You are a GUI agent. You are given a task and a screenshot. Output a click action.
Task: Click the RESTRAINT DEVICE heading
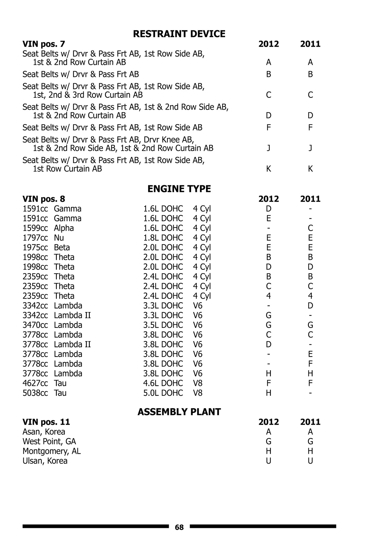tap(179, 34)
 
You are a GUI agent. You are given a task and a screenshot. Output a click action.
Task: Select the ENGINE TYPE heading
tap(179, 189)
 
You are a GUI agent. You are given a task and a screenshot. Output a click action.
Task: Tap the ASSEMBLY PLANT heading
tap(179, 412)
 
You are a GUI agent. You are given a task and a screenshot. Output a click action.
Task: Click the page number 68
tap(179, 527)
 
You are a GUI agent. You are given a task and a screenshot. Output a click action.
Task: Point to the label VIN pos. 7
tap(44, 44)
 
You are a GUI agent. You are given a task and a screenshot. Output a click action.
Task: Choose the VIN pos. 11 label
tap(46, 422)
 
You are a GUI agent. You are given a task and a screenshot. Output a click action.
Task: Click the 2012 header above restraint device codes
tap(268, 44)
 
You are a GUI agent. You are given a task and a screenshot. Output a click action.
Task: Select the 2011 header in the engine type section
tap(310, 199)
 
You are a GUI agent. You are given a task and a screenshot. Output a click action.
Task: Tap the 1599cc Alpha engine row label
tap(48, 228)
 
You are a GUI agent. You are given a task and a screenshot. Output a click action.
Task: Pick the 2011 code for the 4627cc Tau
tap(310, 383)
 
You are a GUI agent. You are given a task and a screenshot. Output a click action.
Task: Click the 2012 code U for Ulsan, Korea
tap(268, 461)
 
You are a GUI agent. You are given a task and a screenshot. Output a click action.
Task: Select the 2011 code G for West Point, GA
tap(310, 441)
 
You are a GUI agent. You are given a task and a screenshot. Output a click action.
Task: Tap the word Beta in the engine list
tap(62, 247)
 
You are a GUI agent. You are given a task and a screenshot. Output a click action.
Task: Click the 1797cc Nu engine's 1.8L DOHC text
tap(163, 238)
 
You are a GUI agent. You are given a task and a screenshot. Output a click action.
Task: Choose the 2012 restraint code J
tap(268, 148)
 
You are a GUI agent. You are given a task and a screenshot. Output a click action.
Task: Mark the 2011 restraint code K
tap(310, 169)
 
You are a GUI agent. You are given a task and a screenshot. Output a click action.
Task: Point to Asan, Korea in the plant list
tap(44, 432)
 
